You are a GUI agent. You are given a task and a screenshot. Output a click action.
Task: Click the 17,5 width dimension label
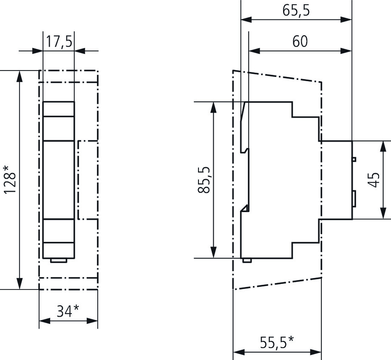[59, 43]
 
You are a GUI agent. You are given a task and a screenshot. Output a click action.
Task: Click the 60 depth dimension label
[300, 42]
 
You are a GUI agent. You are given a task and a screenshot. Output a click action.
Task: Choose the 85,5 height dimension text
[204, 180]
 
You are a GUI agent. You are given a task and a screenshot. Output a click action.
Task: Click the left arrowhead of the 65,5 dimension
[246, 20]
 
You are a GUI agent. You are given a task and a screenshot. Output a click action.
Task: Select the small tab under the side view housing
[246, 259]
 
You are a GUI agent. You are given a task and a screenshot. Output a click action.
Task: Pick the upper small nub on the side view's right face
[354, 159]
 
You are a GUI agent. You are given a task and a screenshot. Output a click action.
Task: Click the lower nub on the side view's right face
[354, 199]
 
